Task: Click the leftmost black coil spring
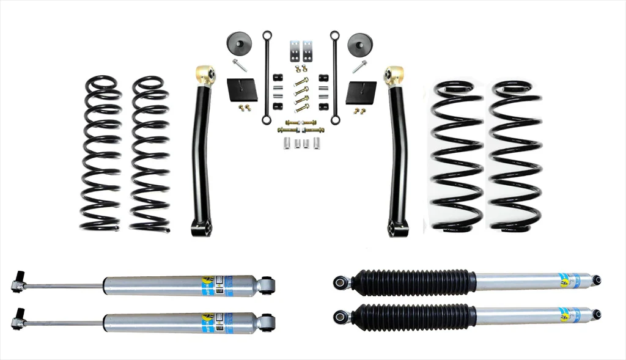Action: (x=102, y=153)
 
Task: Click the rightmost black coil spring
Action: (x=515, y=156)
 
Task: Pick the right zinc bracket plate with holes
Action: (x=308, y=48)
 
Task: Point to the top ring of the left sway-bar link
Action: (x=267, y=35)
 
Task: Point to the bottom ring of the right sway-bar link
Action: (x=335, y=120)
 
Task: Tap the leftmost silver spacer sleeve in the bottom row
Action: (x=285, y=145)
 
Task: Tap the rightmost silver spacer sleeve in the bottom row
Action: (x=317, y=144)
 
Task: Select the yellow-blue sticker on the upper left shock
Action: (x=210, y=285)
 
